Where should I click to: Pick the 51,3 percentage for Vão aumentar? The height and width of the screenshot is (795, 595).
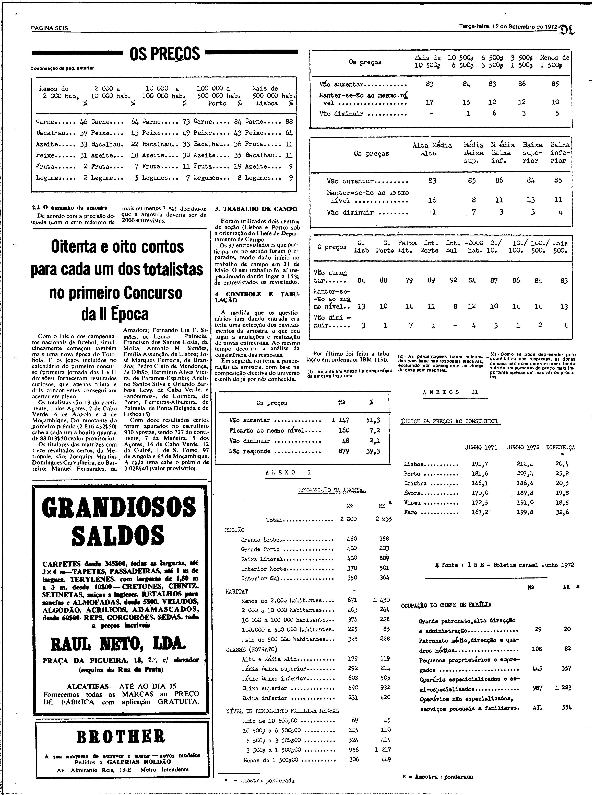tap(373, 420)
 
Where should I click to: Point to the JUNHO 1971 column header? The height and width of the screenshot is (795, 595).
tap(481, 447)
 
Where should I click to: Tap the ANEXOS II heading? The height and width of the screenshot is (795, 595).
tap(450, 392)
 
